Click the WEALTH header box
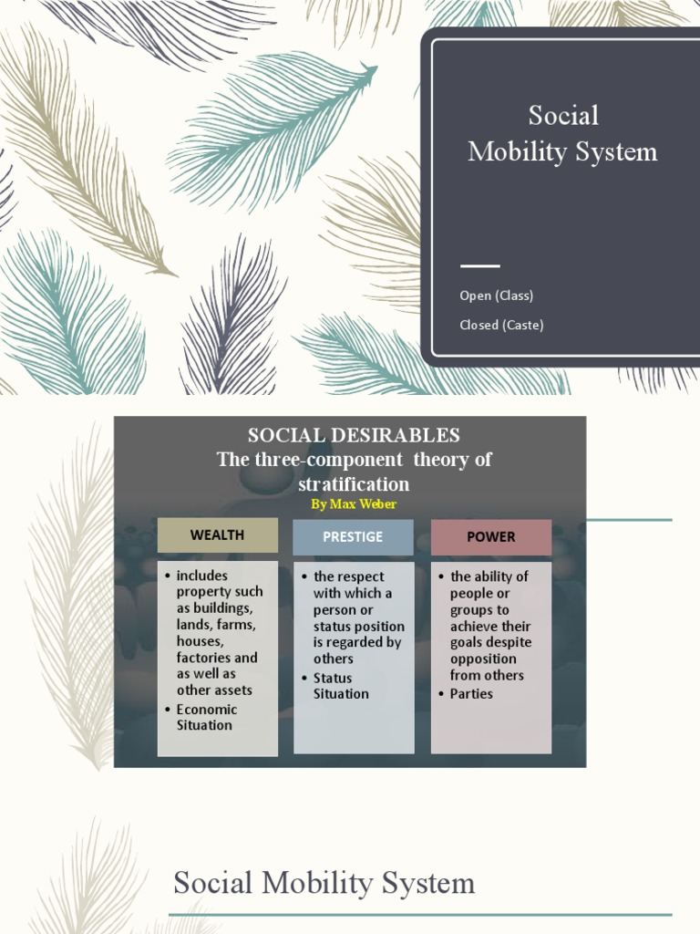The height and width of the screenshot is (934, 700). [x=217, y=535]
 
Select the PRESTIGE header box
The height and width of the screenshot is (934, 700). [x=353, y=537]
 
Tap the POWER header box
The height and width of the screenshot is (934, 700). [x=490, y=537]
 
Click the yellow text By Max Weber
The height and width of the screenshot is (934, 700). [x=354, y=504]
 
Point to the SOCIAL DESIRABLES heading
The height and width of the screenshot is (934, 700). [x=354, y=435]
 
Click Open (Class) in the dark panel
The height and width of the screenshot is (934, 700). [x=497, y=296]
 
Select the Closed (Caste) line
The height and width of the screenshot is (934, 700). [x=501, y=325]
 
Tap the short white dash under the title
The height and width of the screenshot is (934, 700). [x=480, y=266]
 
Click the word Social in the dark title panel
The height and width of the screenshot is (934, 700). [x=563, y=116]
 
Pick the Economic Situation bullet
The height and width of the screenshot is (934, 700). [x=206, y=717]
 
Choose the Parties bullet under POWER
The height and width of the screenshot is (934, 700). [x=471, y=693]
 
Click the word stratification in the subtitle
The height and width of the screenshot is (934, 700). [x=354, y=483]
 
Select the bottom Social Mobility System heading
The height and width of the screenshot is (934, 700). [x=324, y=883]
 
